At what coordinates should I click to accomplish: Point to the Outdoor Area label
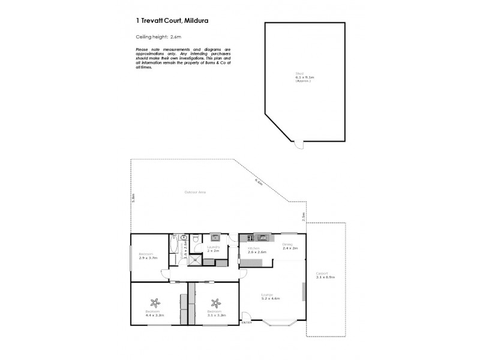click(196, 192)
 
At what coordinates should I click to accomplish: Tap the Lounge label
click(267, 294)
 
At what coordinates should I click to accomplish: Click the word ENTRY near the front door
click(246, 323)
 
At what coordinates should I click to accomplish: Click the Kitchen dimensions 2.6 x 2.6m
click(256, 252)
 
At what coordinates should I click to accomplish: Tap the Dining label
click(287, 244)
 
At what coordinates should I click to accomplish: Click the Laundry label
click(212, 247)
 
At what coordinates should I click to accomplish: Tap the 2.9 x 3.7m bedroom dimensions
click(148, 258)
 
